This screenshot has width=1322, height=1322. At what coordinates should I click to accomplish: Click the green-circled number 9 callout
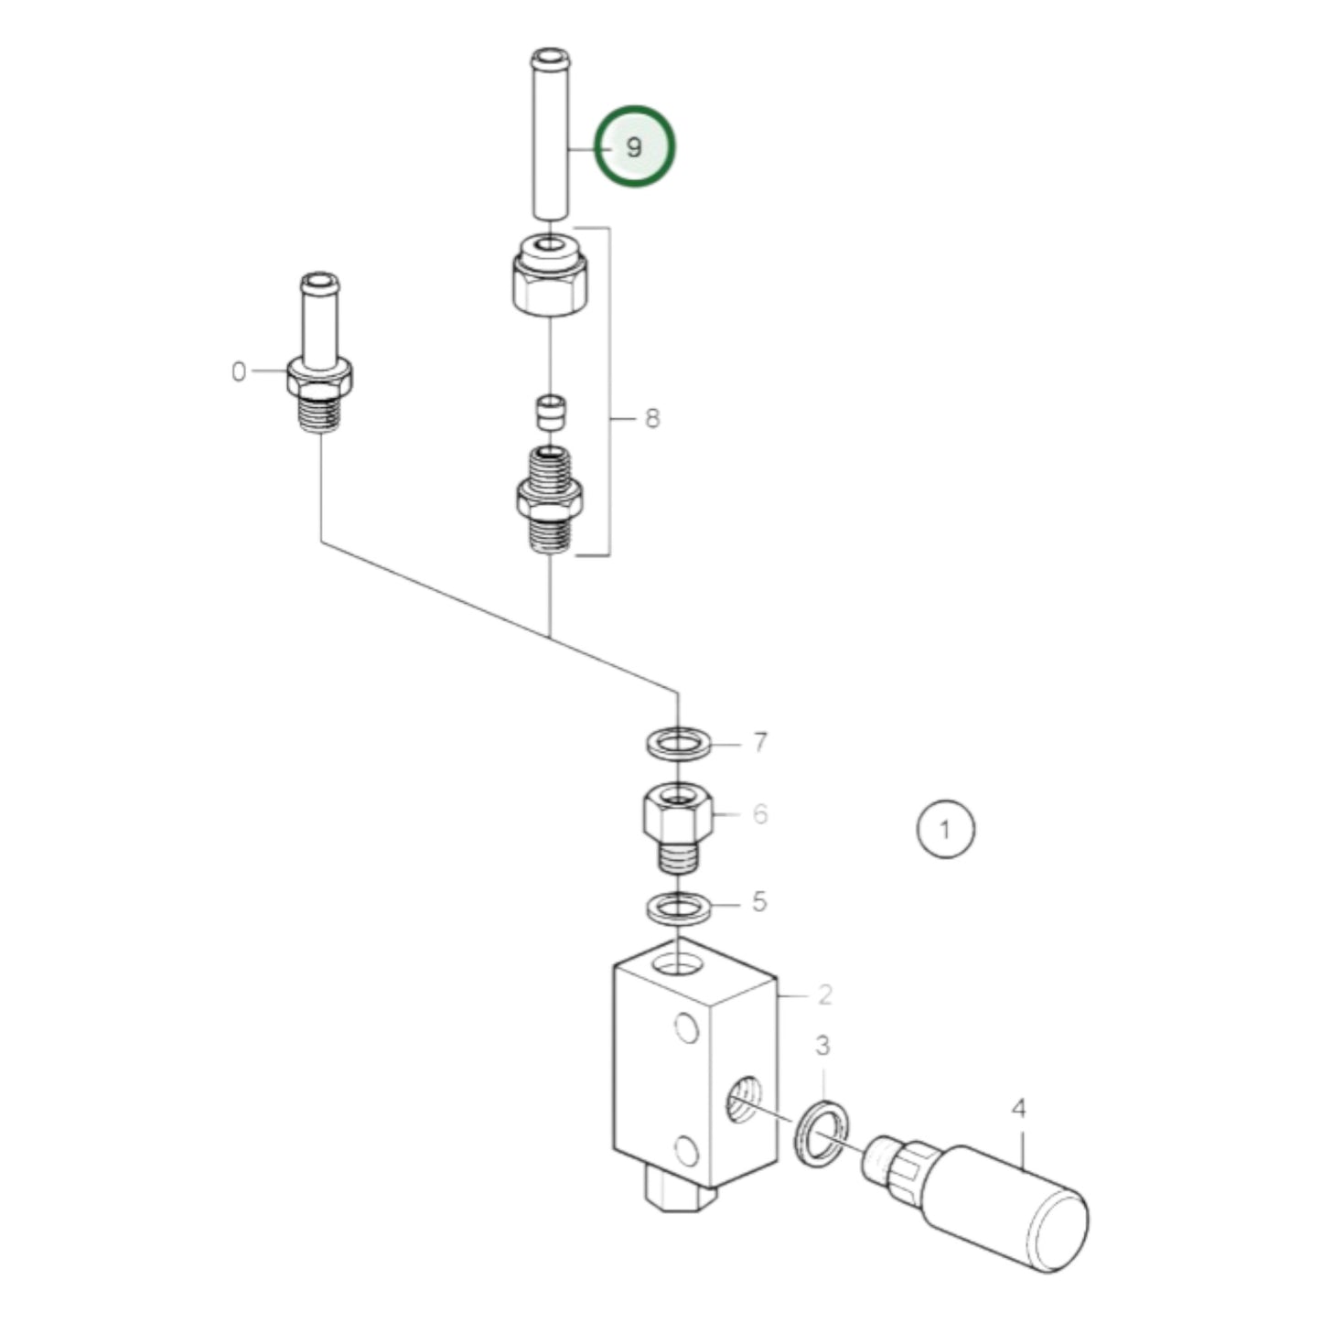click(635, 146)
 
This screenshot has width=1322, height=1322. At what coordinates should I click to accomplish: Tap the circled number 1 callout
click(945, 830)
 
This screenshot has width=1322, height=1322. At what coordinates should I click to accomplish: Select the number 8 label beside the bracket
click(651, 419)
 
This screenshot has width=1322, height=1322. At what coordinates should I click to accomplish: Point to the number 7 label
click(759, 742)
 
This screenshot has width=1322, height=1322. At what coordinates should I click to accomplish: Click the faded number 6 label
click(759, 813)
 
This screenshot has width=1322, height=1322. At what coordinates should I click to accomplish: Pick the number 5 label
click(758, 902)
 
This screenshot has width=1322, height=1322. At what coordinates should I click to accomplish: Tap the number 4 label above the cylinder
click(1018, 1109)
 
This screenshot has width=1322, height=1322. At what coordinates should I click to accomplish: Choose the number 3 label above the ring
click(822, 1045)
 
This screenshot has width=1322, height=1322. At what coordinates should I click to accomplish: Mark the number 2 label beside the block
click(824, 994)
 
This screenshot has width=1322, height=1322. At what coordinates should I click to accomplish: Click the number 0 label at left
click(239, 372)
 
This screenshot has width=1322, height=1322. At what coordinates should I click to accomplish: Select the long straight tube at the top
click(549, 137)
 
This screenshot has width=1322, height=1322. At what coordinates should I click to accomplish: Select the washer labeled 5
click(678, 909)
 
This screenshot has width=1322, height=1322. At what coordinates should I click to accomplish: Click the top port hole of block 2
click(678, 964)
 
